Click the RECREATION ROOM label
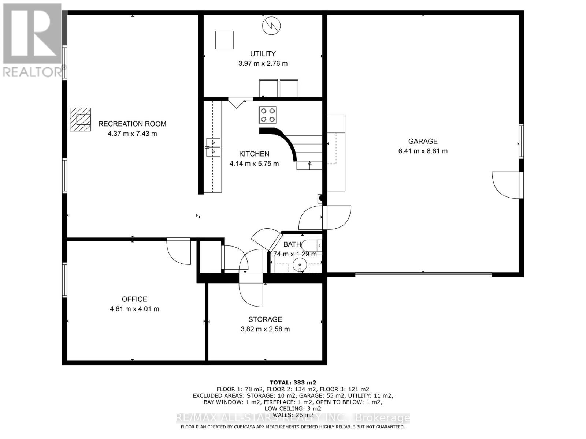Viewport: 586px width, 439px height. (x=132, y=124)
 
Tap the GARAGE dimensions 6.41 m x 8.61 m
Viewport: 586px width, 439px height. (x=423, y=151)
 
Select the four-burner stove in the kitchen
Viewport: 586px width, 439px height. (x=268, y=115)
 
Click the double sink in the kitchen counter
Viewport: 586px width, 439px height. (x=213, y=147)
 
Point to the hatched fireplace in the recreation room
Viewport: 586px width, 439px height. (x=81, y=119)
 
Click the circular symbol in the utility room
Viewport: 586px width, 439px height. (x=271, y=26)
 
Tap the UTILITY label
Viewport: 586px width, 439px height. (x=263, y=54)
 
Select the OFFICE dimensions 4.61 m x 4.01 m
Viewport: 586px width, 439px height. (x=134, y=309)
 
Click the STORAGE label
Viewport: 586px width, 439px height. (x=265, y=319)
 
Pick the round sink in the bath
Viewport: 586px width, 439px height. (x=300, y=263)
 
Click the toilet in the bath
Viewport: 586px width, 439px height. (x=314, y=245)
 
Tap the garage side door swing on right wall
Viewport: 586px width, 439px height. (x=506, y=185)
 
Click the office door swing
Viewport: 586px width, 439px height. (x=179, y=252)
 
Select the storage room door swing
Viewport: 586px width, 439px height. (x=251, y=295)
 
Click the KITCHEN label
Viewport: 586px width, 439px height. (x=254, y=154)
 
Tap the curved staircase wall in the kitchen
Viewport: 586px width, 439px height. (x=284, y=141)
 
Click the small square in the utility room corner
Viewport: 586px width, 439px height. (x=224, y=40)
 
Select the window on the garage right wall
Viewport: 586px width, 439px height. (x=521, y=141)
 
